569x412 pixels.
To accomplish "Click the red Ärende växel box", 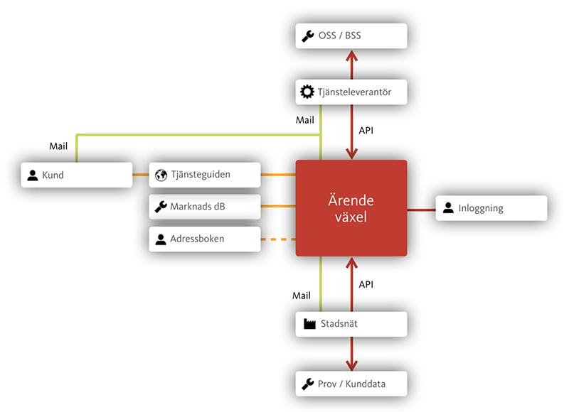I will click(351, 208).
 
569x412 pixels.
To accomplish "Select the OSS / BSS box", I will click(351, 36).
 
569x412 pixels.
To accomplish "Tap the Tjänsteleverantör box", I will click(351, 92).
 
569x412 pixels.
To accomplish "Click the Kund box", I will click(77, 175).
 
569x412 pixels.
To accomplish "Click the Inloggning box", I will click(491, 208).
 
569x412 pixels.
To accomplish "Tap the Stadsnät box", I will click(351, 324).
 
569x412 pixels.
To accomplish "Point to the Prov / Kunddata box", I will click(351, 384).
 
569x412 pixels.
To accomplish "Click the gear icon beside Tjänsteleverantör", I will click(307, 92).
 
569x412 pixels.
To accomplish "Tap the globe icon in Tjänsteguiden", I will click(161, 175).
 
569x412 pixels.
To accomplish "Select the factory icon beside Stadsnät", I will click(309, 324).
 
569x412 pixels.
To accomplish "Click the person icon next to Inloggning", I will click(448, 208).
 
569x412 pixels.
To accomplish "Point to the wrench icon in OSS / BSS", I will click(308, 36).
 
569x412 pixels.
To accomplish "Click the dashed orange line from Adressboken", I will click(278, 239).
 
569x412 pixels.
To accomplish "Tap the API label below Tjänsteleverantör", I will click(366, 131).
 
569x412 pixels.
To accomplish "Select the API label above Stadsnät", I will click(366, 284).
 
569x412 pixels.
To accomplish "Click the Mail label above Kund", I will click(58, 146).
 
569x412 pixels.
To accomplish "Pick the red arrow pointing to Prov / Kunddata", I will click(350, 355).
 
